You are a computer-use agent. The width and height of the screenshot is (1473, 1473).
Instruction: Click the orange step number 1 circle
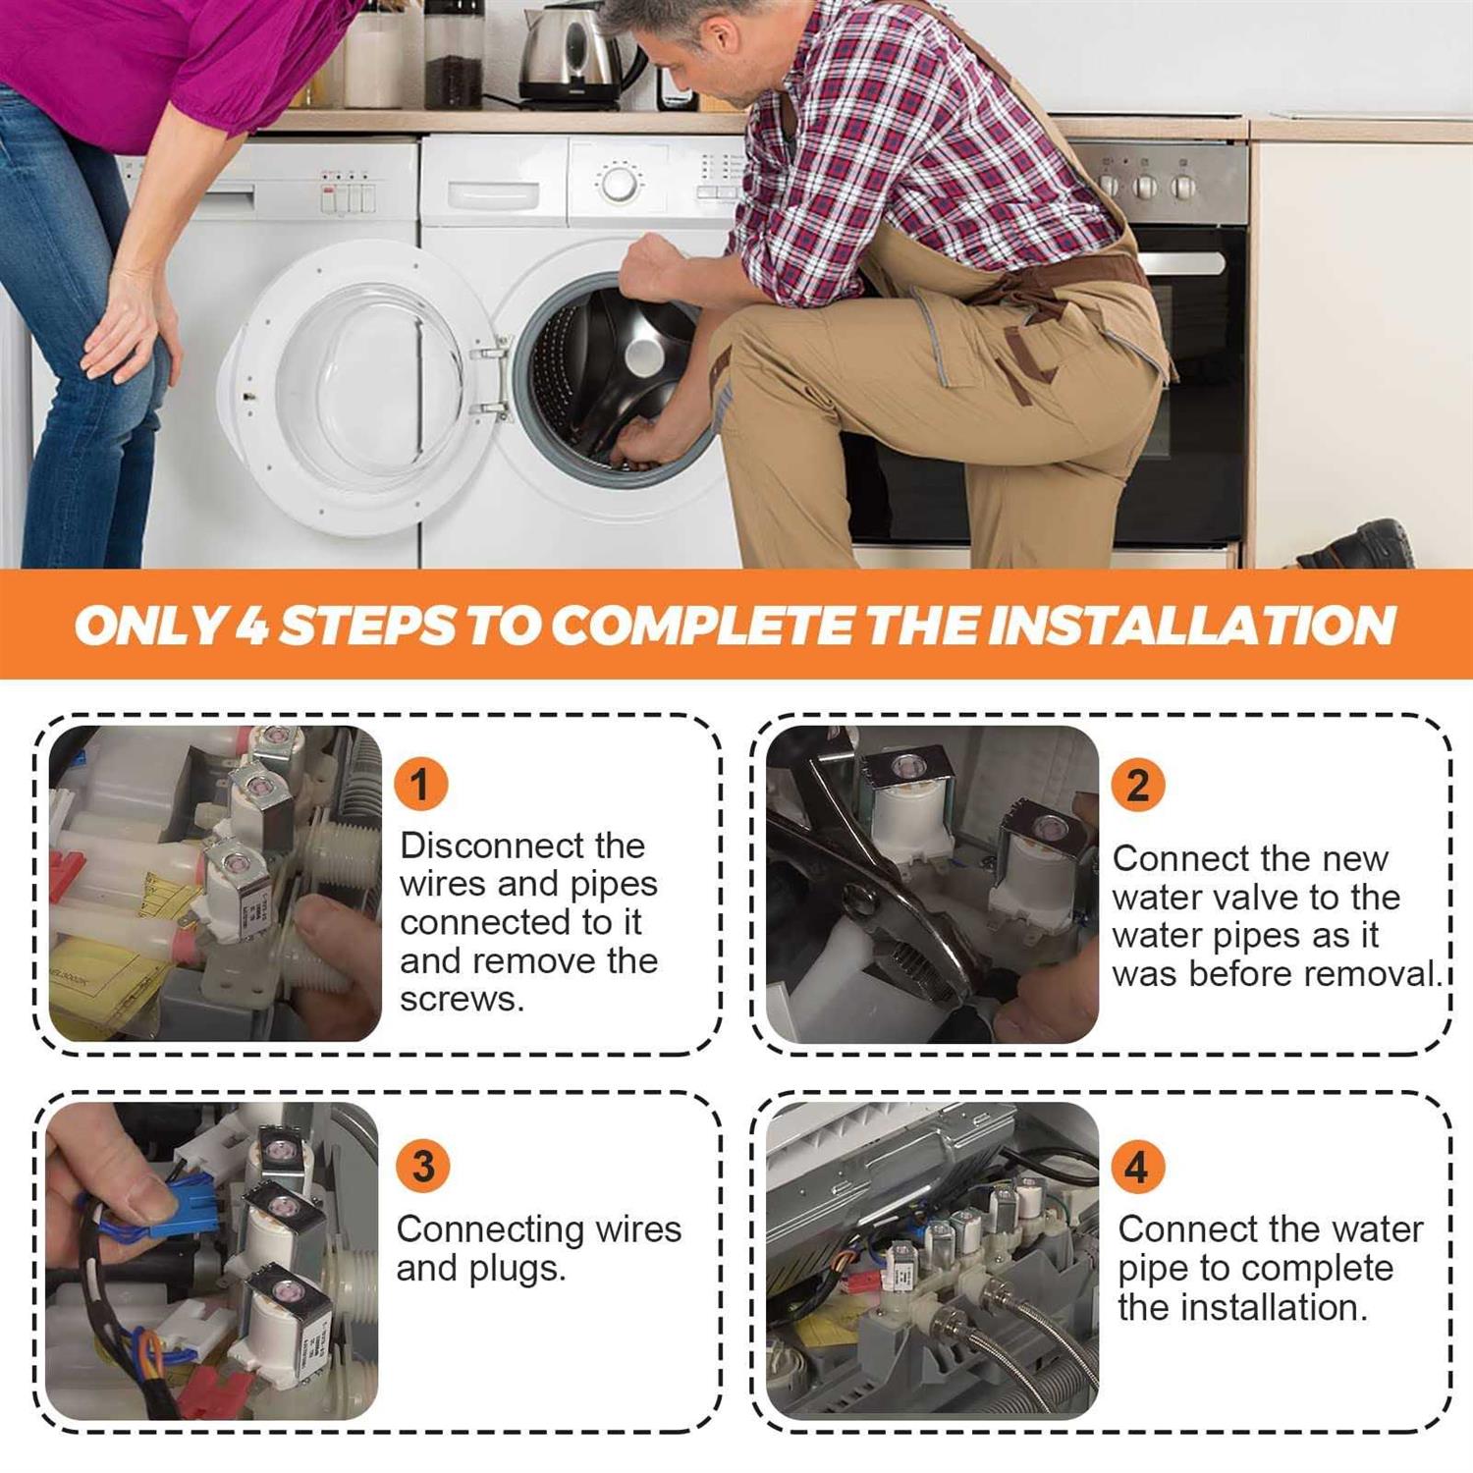point(420,784)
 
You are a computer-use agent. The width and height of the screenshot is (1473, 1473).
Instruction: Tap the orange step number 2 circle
point(1138,784)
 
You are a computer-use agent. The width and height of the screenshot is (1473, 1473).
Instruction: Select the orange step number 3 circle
point(423,1166)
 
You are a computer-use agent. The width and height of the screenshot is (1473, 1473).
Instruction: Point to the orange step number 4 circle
point(1137,1166)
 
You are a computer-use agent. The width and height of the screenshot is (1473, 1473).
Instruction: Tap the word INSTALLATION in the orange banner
point(1191,625)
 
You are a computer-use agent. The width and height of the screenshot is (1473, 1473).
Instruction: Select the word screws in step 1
point(462,999)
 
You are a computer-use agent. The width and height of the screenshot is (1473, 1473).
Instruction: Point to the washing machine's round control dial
point(619,183)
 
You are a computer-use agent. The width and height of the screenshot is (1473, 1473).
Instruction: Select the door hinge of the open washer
point(492,378)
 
